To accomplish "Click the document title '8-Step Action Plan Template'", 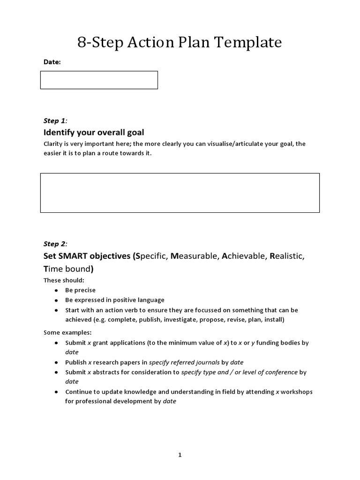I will coord(180,43).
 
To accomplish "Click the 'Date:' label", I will coord(52,62).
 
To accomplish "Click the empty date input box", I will coord(99,80).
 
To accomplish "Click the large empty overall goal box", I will coord(180,193).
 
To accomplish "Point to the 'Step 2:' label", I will coord(55,244).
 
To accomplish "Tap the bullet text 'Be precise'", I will coord(80,290).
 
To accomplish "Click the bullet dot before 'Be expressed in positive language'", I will coord(56,300).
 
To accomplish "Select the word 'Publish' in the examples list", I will coord(75,362).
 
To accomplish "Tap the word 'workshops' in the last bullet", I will coord(296,391).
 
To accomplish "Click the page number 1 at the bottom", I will coord(180,455).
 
